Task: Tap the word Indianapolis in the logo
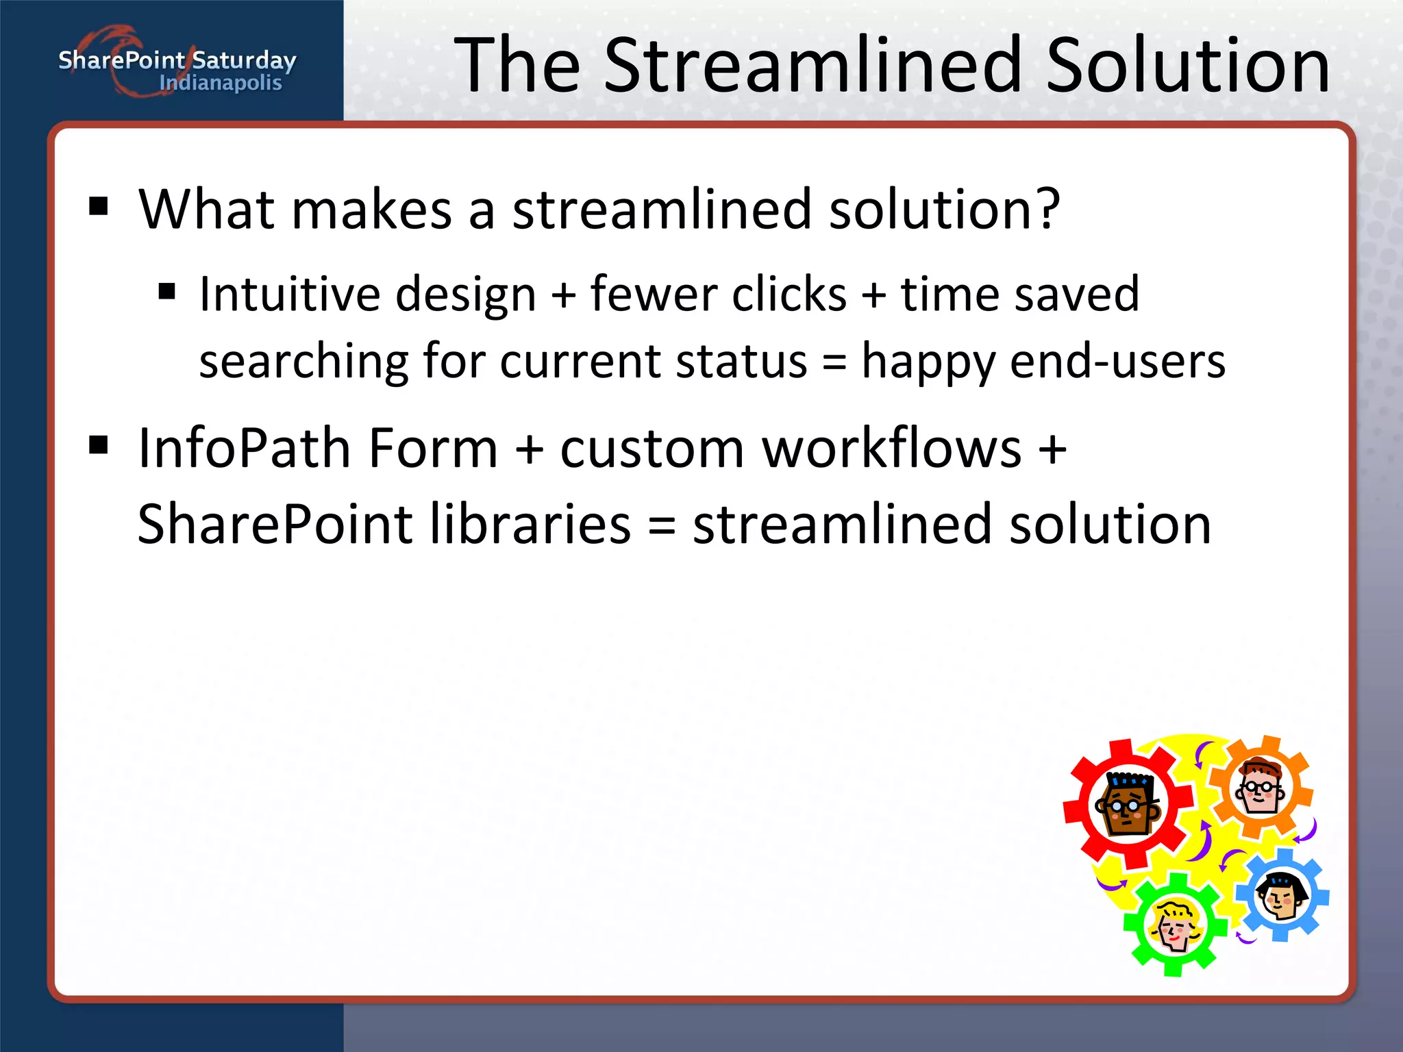(x=221, y=83)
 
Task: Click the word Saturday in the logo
(x=244, y=61)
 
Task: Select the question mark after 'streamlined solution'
(x=1047, y=208)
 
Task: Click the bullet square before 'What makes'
(x=99, y=205)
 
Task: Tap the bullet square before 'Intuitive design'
(x=167, y=292)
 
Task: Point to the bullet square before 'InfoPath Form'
(x=99, y=445)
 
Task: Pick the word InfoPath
(x=245, y=449)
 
